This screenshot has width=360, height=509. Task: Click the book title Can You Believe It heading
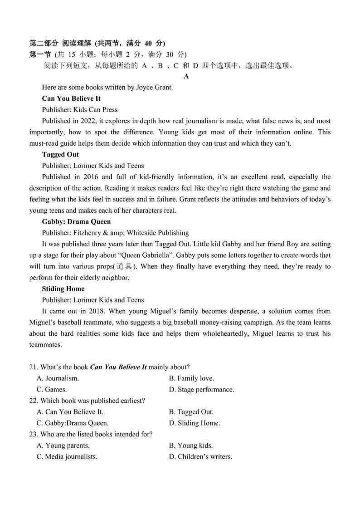pyautogui.click(x=71, y=98)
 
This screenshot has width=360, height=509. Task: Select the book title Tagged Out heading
pyautogui.click(x=60, y=154)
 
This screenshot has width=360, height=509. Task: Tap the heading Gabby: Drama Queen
pyautogui.click(x=76, y=221)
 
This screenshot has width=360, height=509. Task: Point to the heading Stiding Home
pyautogui.click(x=63, y=289)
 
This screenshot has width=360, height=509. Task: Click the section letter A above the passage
pyautogui.click(x=186, y=76)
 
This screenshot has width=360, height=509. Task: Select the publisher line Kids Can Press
pyautogui.click(x=80, y=109)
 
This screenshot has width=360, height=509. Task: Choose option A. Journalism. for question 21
pyautogui.click(x=58, y=378)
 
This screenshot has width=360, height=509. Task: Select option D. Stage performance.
pyautogui.click(x=201, y=389)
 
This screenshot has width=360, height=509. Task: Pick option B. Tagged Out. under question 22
pyautogui.click(x=191, y=411)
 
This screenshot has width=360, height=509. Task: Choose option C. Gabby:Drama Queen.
pyautogui.click(x=73, y=423)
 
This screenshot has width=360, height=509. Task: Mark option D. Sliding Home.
pyautogui.click(x=194, y=423)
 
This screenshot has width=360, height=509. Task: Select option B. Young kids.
pyautogui.click(x=190, y=445)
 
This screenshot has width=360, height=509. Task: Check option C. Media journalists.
pyautogui.click(x=67, y=456)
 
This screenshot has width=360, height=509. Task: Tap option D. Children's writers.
pyautogui.click(x=200, y=456)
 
